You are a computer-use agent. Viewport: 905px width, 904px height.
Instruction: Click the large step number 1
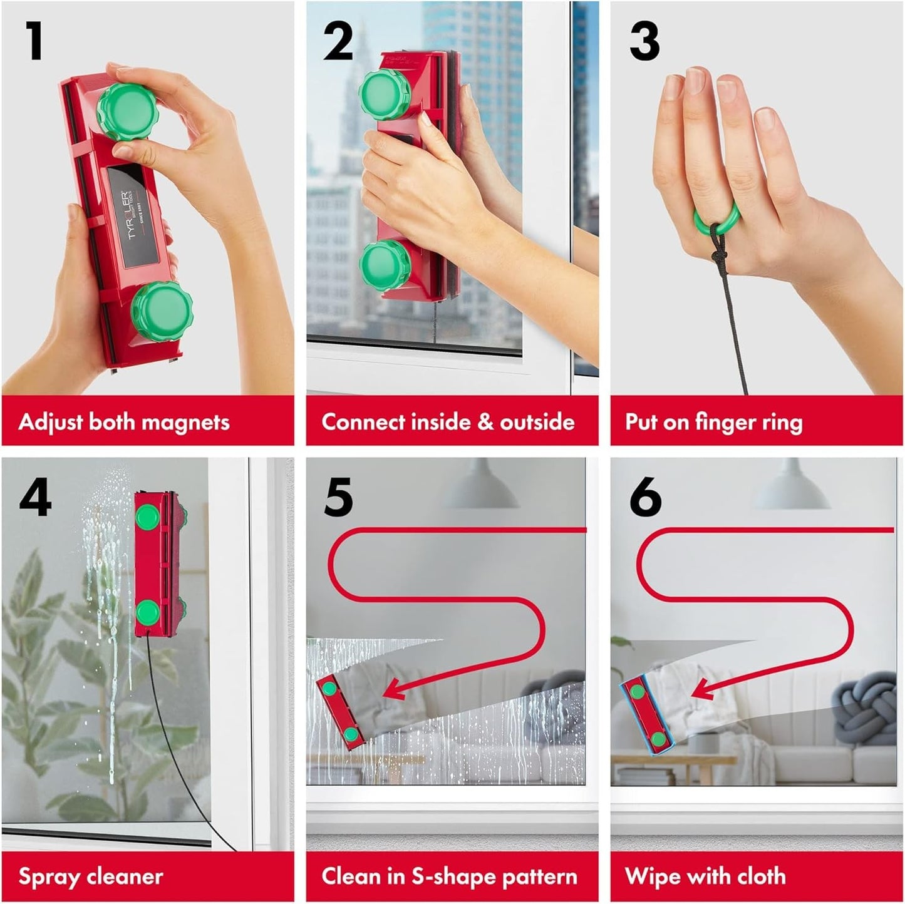coord(34,41)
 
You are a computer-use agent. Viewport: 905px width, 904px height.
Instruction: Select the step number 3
coord(644,41)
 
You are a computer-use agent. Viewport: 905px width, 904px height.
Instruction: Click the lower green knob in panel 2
coord(385,265)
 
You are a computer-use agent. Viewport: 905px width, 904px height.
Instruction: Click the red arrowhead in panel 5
coord(393,691)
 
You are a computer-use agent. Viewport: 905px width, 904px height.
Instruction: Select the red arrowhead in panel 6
coord(701,691)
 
